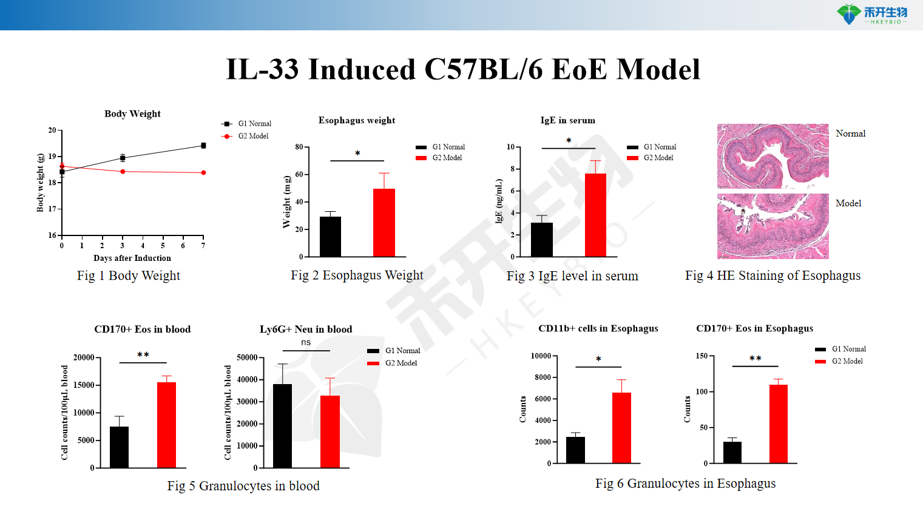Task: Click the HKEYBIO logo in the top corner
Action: pyautogui.click(x=871, y=14)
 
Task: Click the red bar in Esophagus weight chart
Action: pyautogui.click(x=384, y=223)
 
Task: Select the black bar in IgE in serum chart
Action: pyautogui.click(x=541, y=240)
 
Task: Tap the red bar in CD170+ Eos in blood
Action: pyautogui.click(x=166, y=425)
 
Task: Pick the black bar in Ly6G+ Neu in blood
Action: pyautogui.click(x=282, y=426)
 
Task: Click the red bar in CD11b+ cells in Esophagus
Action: pyautogui.click(x=621, y=428)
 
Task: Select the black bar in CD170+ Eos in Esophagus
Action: pyautogui.click(x=732, y=452)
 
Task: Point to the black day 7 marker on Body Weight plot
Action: pyautogui.click(x=203, y=146)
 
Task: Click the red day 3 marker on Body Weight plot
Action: pyautogui.click(x=123, y=172)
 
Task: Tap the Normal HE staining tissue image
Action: pyautogui.click(x=773, y=156)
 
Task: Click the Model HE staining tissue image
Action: pyautogui.click(x=773, y=226)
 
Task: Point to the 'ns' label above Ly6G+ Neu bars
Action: pyautogui.click(x=306, y=343)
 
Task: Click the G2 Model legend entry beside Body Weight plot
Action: pyautogui.click(x=252, y=137)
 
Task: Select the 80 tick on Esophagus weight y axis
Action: pyautogui.click(x=299, y=147)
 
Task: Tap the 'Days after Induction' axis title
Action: pyautogui.click(x=132, y=258)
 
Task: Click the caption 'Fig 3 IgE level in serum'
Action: pyautogui.click(x=572, y=276)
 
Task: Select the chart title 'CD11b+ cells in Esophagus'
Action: pyautogui.click(x=598, y=328)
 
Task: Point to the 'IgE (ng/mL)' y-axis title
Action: pyautogui.click(x=499, y=201)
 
